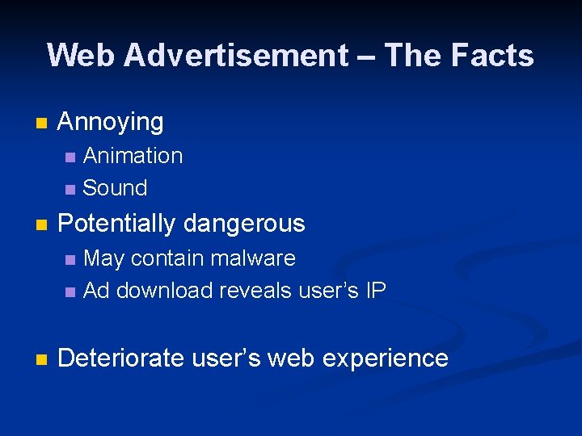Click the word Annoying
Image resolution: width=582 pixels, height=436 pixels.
[111, 123]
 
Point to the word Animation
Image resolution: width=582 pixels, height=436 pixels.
[133, 156]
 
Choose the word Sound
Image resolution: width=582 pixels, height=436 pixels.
[115, 188]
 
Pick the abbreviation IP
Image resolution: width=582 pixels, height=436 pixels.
[375, 291]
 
